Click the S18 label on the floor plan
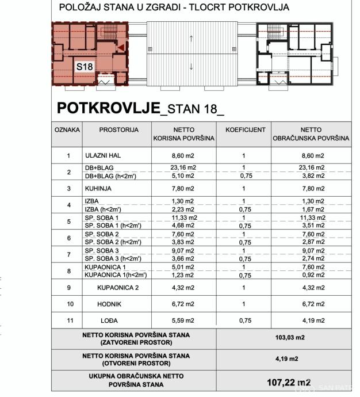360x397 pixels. click(85, 67)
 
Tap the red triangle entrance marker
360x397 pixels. click(121, 48)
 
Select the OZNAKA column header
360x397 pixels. click(67, 130)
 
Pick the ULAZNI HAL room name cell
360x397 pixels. click(103, 155)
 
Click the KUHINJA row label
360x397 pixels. click(98, 188)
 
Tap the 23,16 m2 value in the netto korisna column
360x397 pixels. click(184, 168)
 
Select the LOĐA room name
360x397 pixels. click(109, 320)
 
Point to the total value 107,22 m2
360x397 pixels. click(289, 382)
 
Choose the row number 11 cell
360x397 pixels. click(68, 320)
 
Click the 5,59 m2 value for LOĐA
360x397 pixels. click(184, 320)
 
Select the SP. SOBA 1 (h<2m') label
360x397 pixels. click(113, 226)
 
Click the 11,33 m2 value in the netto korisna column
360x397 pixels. click(184, 217)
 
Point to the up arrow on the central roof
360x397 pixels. click(191, 39)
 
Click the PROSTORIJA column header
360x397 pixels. click(118, 130)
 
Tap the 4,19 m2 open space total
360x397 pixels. click(287, 359)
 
